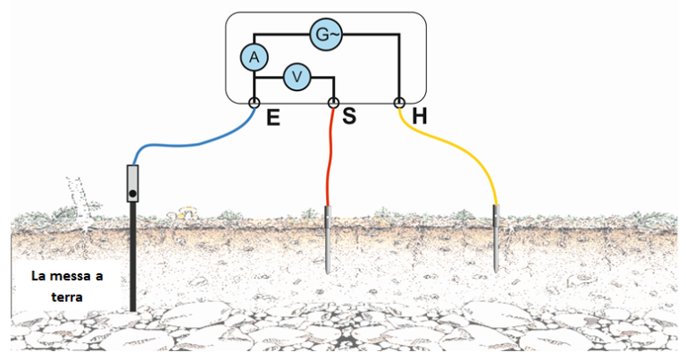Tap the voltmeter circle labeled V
click(x=297, y=78)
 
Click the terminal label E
click(x=273, y=117)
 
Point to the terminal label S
click(x=349, y=117)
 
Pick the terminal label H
click(x=421, y=116)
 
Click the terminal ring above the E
click(x=254, y=104)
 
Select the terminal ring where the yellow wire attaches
click(x=399, y=104)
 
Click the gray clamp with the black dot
click(x=132, y=184)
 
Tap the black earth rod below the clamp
click(x=132, y=259)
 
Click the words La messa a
click(x=67, y=277)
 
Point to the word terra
click(x=67, y=298)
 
